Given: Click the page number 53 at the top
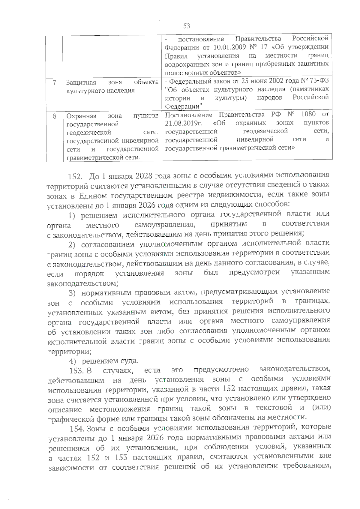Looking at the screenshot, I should pyautogui.click(x=187, y=26).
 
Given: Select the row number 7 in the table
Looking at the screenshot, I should pyautogui.click(x=54, y=82).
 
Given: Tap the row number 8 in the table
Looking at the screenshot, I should pyautogui.click(x=54, y=115).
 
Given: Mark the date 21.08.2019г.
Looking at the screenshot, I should pyautogui.click(x=184, y=123).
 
